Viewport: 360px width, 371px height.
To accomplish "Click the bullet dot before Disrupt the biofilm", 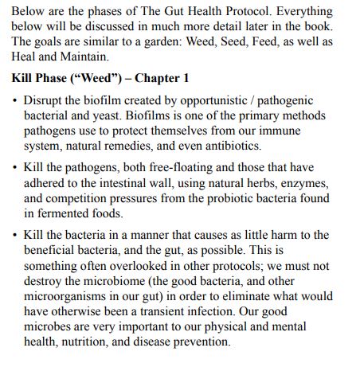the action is coord(15,101).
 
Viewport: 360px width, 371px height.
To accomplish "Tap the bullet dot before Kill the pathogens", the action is coord(15,170).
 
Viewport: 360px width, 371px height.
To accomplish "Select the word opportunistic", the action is coord(219,100).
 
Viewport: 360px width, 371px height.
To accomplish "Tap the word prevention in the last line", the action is coord(203,343).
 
